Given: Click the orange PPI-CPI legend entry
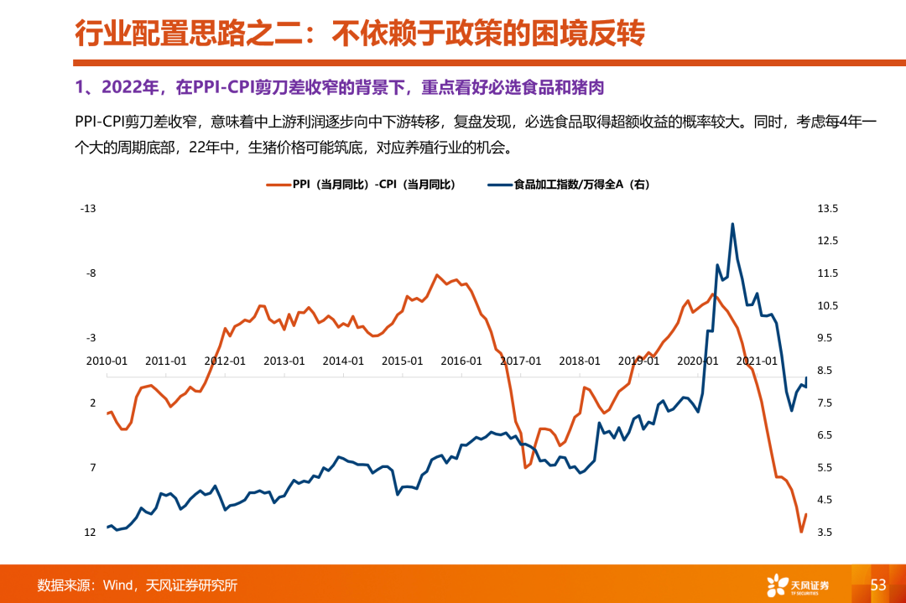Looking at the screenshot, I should [361, 185].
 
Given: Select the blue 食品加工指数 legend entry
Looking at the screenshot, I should [570, 185].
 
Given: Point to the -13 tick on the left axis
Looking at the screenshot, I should [88, 209].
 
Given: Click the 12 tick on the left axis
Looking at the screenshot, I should [90, 533].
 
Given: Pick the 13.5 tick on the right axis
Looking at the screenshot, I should [828, 209].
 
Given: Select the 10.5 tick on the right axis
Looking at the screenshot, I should [828, 306].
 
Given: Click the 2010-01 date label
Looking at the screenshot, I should [107, 361].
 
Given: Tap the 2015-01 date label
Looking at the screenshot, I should [403, 361].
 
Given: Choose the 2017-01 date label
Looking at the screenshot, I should [521, 361].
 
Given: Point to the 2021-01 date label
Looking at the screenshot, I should [758, 361].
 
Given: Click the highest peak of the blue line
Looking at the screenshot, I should [732, 224].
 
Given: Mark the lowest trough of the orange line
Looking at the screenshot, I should [801, 532].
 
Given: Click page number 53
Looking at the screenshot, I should [878, 585].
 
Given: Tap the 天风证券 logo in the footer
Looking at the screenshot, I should [797, 585].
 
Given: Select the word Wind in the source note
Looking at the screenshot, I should [118, 585].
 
